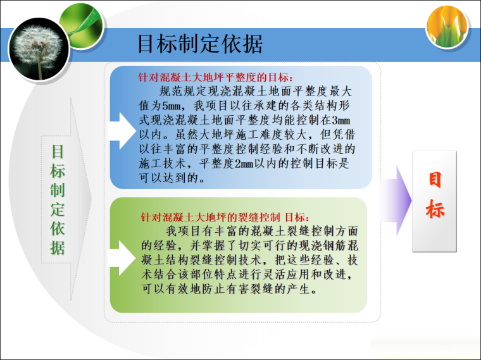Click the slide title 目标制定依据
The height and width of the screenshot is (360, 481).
(199, 44)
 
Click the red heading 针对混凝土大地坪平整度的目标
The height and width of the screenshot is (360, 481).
(215, 78)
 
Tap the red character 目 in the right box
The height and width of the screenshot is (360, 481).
(435, 180)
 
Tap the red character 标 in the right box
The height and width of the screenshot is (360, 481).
(435, 209)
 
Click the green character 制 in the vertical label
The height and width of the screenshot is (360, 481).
(58, 190)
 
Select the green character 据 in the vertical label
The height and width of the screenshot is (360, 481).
(58, 247)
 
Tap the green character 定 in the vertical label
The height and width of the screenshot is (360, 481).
(58, 209)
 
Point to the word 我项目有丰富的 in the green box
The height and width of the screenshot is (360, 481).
(203, 231)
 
